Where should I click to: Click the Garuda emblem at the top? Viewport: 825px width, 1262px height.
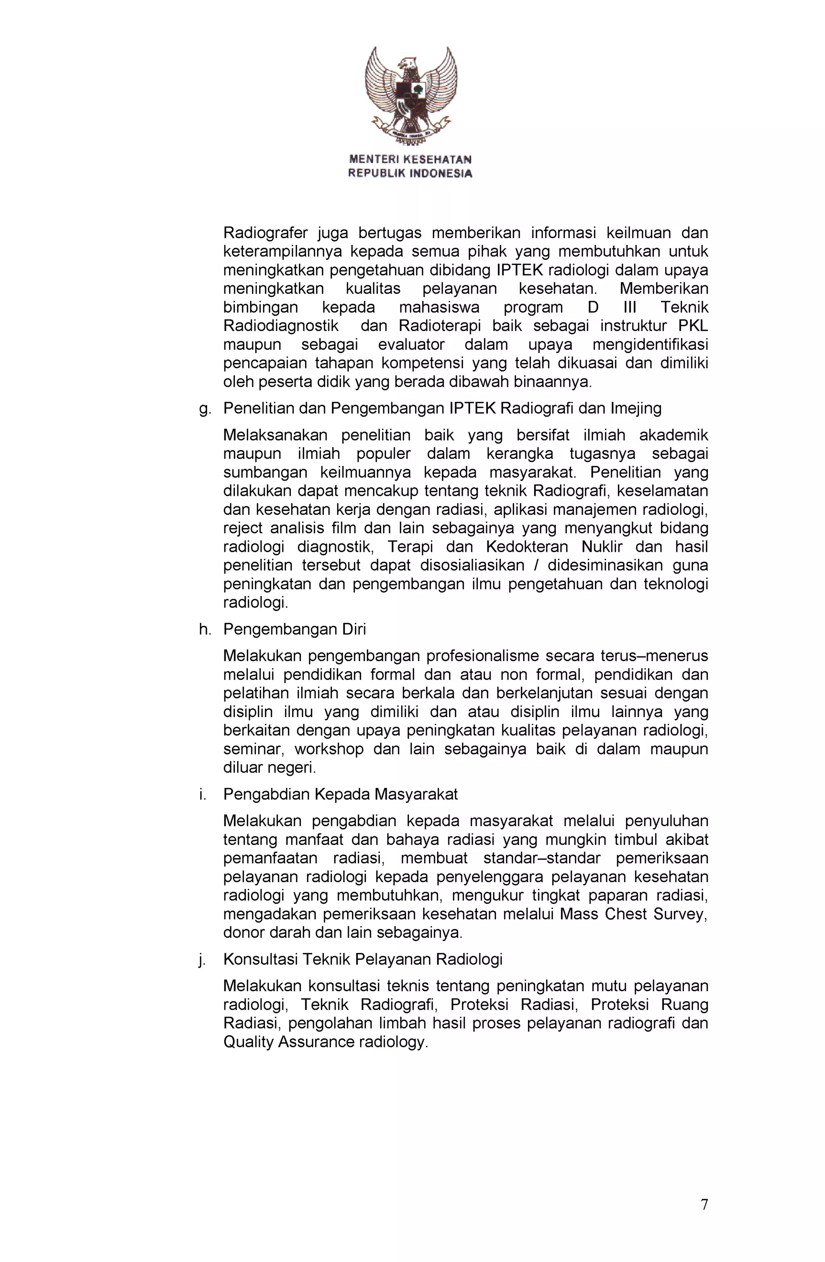(x=410, y=95)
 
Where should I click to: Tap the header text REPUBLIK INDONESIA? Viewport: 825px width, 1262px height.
(x=410, y=173)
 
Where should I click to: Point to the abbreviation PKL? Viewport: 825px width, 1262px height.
(x=693, y=326)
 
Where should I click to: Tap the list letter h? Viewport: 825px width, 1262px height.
(x=205, y=629)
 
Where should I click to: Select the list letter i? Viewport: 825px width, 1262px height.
(x=203, y=794)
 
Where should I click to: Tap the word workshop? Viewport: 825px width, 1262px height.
(x=329, y=749)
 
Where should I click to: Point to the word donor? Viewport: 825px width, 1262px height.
(x=243, y=932)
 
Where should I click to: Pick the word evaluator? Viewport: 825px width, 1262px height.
(x=411, y=345)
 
